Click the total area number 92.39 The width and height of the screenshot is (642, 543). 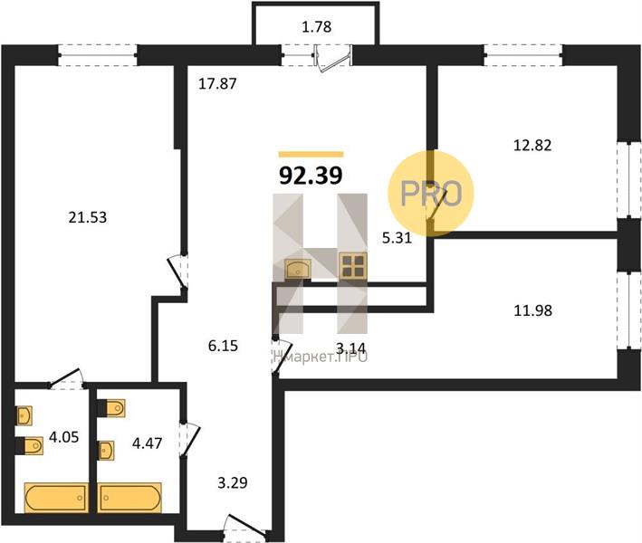(x=311, y=176)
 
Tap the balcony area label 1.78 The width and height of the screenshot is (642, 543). (x=316, y=27)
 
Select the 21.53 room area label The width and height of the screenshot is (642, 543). (x=88, y=217)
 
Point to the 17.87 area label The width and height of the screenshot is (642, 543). (x=217, y=84)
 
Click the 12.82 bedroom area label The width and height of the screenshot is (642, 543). (x=532, y=146)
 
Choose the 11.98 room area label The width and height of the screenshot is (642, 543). (x=532, y=310)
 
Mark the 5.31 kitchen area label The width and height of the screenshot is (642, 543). (x=397, y=238)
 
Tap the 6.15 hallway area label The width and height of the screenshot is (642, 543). (x=223, y=346)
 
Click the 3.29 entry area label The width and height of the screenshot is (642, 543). (x=232, y=483)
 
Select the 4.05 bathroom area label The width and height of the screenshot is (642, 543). (x=64, y=437)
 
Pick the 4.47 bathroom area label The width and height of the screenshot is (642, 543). (x=147, y=443)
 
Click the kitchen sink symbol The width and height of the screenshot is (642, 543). (x=298, y=269)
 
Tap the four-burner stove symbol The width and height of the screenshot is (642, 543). (x=352, y=266)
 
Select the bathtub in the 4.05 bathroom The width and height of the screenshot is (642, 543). (x=56, y=498)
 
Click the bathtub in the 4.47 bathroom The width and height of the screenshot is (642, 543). (x=129, y=498)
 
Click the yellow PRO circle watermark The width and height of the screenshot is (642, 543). (x=431, y=193)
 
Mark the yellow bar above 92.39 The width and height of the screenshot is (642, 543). (x=311, y=154)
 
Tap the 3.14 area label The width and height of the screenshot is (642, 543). (x=351, y=348)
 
